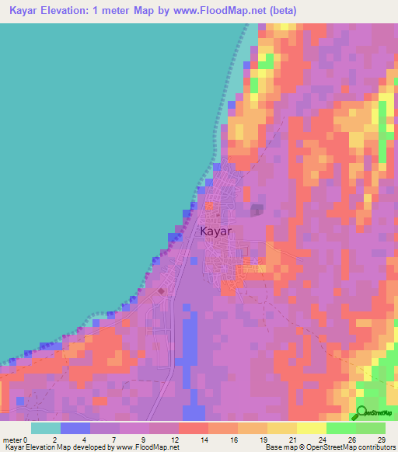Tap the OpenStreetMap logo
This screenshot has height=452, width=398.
(375, 412)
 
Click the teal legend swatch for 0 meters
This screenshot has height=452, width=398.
(46, 428)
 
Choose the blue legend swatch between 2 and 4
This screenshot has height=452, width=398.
(75, 428)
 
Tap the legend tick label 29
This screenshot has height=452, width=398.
(382, 440)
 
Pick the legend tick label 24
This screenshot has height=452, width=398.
(323, 440)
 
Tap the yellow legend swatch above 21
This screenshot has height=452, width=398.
(282, 428)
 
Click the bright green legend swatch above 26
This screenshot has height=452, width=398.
(341, 428)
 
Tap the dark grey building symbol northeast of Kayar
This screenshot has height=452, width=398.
(257, 210)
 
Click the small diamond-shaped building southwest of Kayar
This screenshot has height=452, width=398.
(161, 291)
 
